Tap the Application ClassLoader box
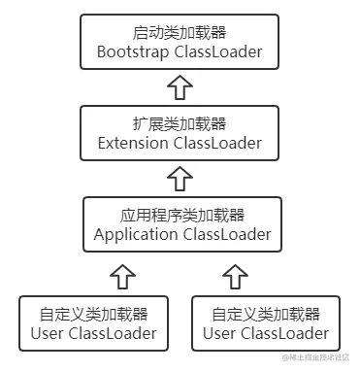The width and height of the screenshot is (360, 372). pyautogui.click(x=181, y=225)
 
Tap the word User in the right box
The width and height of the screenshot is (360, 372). pyautogui.click(x=221, y=334)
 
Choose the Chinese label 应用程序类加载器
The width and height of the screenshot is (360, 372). pyautogui.click(x=181, y=215)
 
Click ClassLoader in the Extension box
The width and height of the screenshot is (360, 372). pyautogui.click(x=218, y=143)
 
